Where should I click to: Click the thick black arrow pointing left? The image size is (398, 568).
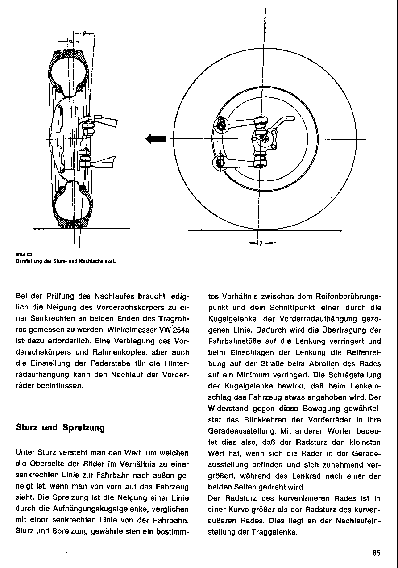tap(156, 139)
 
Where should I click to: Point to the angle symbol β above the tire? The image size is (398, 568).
tap(85, 33)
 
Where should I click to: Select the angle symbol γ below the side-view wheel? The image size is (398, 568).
tap(261, 243)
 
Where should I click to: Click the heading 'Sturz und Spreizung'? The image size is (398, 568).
tap(60, 427)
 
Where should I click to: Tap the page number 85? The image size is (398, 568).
tap(376, 553)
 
